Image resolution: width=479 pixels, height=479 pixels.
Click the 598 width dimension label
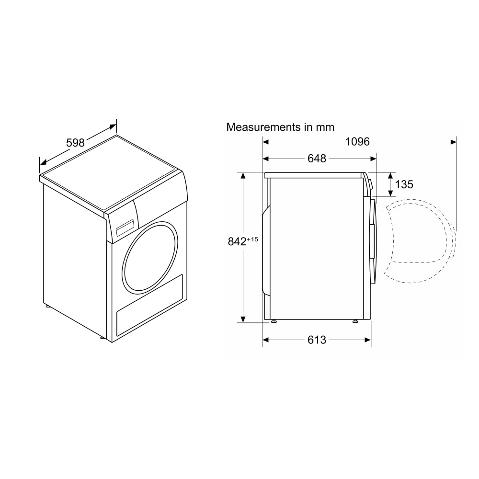75,143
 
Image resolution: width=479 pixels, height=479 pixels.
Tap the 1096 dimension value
357,142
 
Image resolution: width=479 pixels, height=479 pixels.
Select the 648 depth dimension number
317,159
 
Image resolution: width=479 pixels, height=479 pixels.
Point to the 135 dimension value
404,184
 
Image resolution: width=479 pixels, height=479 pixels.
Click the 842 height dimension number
237,241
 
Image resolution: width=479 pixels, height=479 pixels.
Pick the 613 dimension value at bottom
317,340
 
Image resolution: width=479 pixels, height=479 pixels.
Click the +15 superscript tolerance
252,239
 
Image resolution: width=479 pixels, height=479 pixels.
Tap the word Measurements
263,127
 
